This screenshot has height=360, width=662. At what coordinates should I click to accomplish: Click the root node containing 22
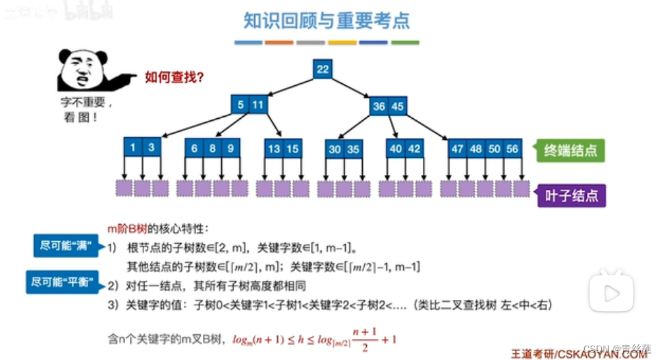point(322,69)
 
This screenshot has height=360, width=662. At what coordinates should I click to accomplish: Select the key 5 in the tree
point(240,105)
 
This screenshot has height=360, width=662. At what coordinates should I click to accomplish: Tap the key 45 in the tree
point(397,107)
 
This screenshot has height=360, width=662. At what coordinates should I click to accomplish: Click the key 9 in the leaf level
point(230,148)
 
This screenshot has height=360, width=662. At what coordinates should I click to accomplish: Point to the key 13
point(275,148)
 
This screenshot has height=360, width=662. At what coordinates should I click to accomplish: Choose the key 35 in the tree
point(353,149)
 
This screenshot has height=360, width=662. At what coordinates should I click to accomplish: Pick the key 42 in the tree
point(414,149)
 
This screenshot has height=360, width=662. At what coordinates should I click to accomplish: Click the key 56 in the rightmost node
point(512,149)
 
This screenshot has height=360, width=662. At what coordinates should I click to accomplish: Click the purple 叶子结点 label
point(570,195)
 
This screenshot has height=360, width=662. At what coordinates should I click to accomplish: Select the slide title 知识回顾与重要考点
point(327,20)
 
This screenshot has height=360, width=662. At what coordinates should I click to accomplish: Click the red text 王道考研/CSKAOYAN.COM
point(579,352)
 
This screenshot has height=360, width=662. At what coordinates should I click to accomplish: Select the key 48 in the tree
point(476,149)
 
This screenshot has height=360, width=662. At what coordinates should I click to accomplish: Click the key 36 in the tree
point(379,107)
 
